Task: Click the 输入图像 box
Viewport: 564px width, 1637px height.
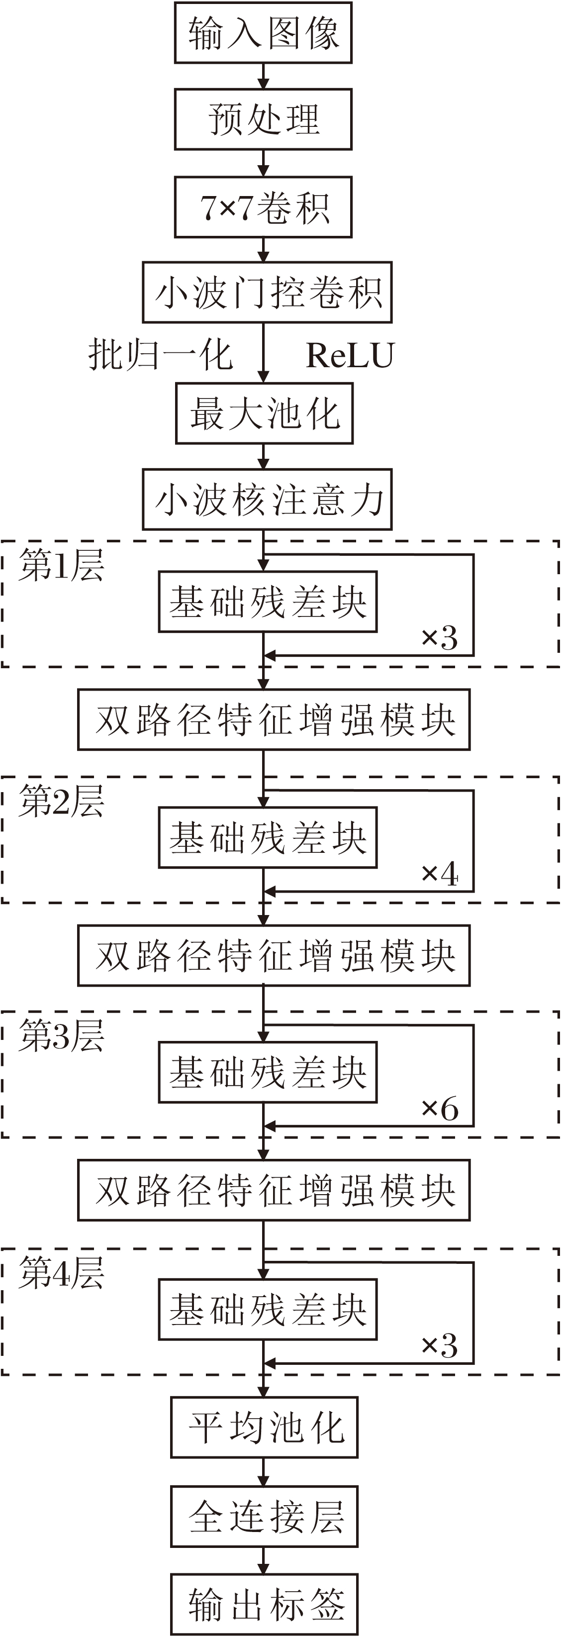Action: (x=263, y=32)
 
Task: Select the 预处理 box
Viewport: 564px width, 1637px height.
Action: (x=263, y=119)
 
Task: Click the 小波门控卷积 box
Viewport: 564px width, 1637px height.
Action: (x=267, y=293)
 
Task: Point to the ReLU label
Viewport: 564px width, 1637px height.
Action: (x=350, y=355)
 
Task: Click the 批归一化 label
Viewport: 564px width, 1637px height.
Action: (x=160, y=355)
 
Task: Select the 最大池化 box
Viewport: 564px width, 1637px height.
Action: (x=264, y=413)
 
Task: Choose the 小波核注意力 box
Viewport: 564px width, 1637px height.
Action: (x=267, y=500)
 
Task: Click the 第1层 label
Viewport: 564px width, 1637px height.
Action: (x=61, y=565)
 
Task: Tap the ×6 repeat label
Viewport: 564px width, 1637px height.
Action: (x=440, y=1110)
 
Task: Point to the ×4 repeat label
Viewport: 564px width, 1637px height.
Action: (x=440, y=874)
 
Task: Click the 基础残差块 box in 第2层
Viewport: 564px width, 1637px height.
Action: (x=268, y=837)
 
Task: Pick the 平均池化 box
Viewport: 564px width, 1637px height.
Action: (x=264, y=1428)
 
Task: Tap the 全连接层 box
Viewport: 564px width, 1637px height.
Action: (x=264, y=1516)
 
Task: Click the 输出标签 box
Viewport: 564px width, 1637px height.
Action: (x=264, y=1604)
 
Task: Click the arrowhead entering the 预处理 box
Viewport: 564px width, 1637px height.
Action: (x=263, y=83)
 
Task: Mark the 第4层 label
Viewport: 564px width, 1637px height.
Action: (x=61, y=1273)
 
